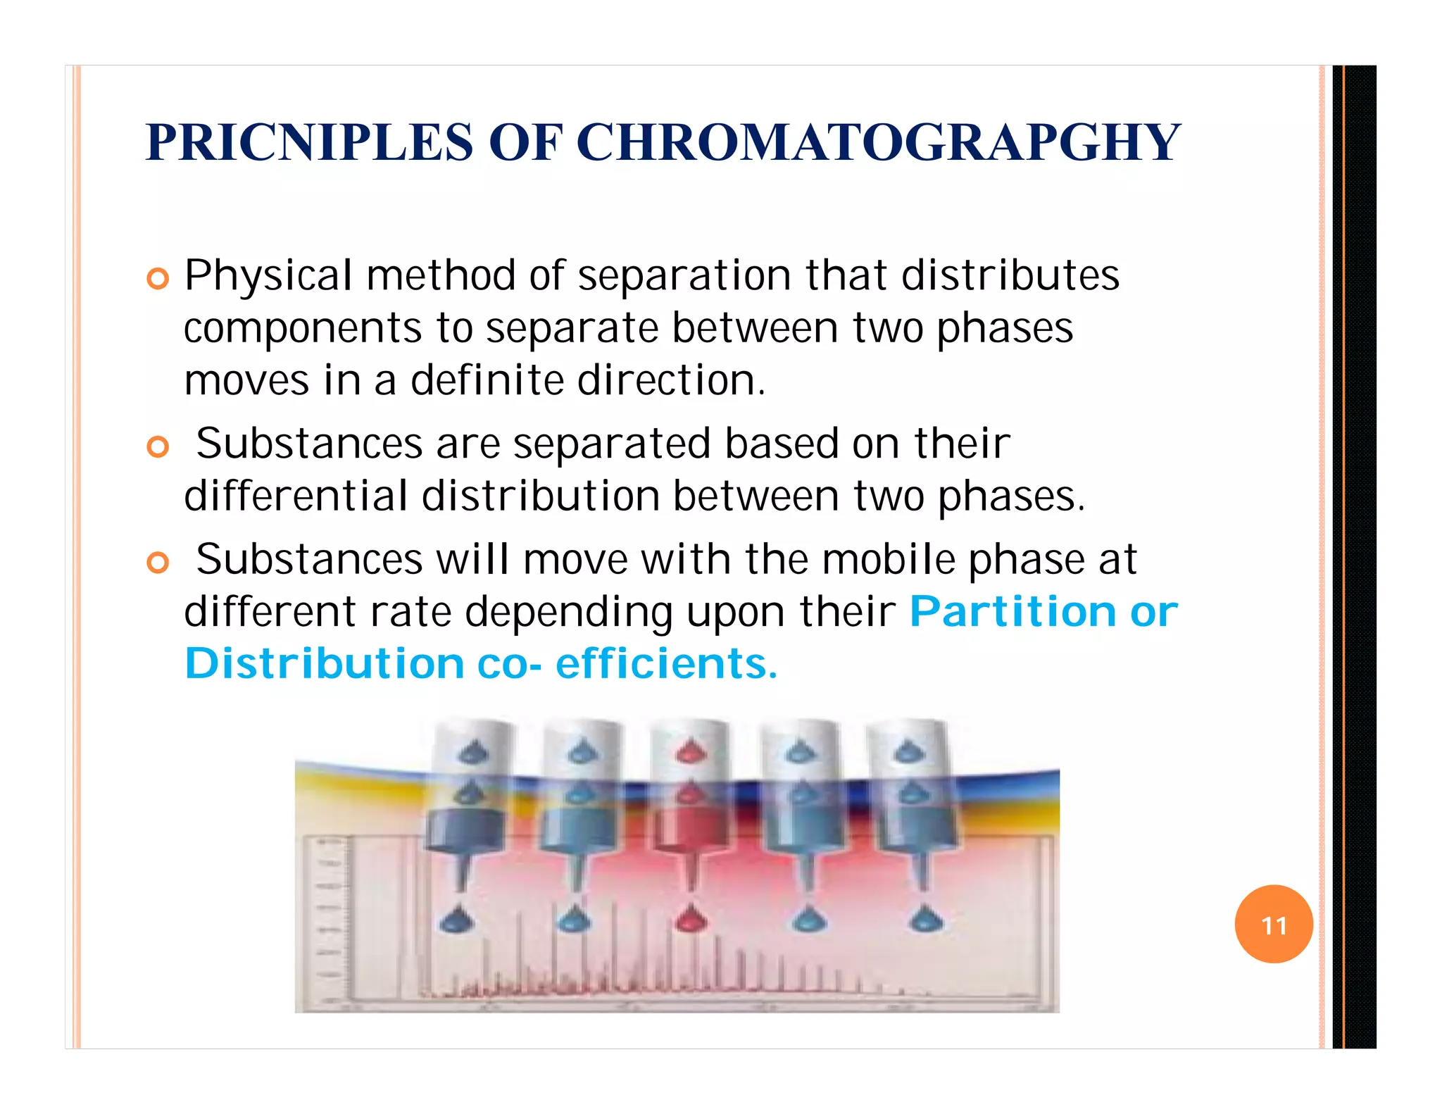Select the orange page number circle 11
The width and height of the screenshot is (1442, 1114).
[x=1273, y=924]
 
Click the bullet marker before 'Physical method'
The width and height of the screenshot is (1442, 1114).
[x=158, y=279]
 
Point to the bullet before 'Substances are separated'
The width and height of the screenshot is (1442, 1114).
[x=158, y=447]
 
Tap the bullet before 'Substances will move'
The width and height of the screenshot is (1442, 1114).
[x=158, y=563]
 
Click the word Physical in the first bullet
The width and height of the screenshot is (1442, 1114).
[x=268, y=275]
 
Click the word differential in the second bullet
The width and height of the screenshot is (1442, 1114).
[x=296, y=496]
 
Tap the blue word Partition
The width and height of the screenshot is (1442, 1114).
[x=1012, y=611]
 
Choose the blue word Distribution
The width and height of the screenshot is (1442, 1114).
[x=324, y=663]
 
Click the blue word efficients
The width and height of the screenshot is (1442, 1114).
[x=665, y=663]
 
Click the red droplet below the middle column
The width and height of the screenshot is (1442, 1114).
[x=691, y=918]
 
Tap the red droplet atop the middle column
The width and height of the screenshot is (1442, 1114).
[x=691, y=753]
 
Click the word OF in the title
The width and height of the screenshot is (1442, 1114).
[x=525, y=142]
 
